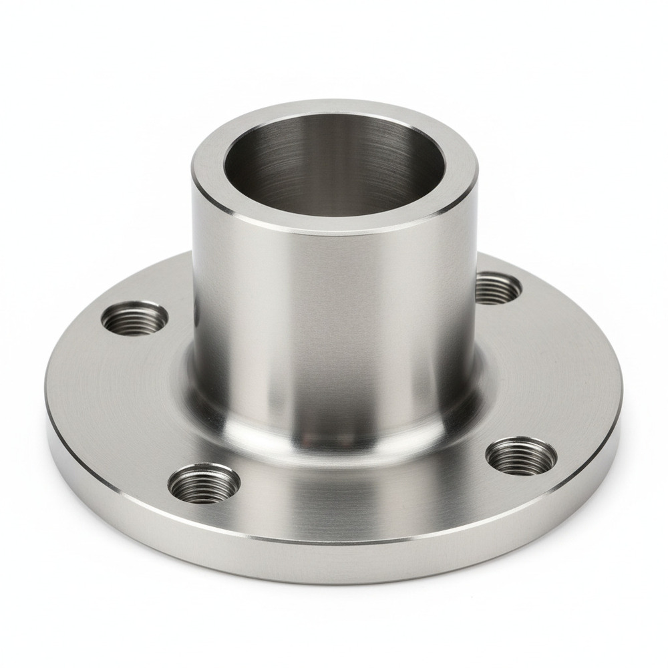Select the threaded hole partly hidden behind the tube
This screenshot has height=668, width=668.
click(x=498, y=288)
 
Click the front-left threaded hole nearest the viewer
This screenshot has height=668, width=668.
click(x=204, y=483)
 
